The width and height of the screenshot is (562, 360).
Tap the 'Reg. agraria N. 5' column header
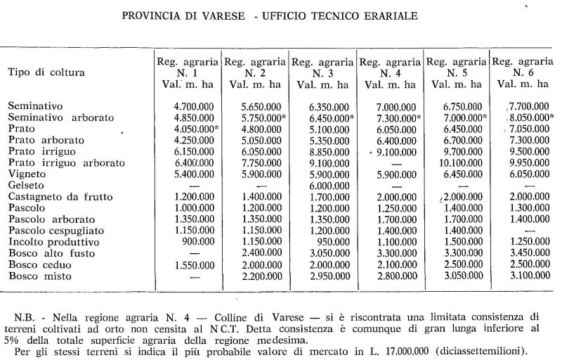point(456,72)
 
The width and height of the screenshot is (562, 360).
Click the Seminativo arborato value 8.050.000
point(521,117)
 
